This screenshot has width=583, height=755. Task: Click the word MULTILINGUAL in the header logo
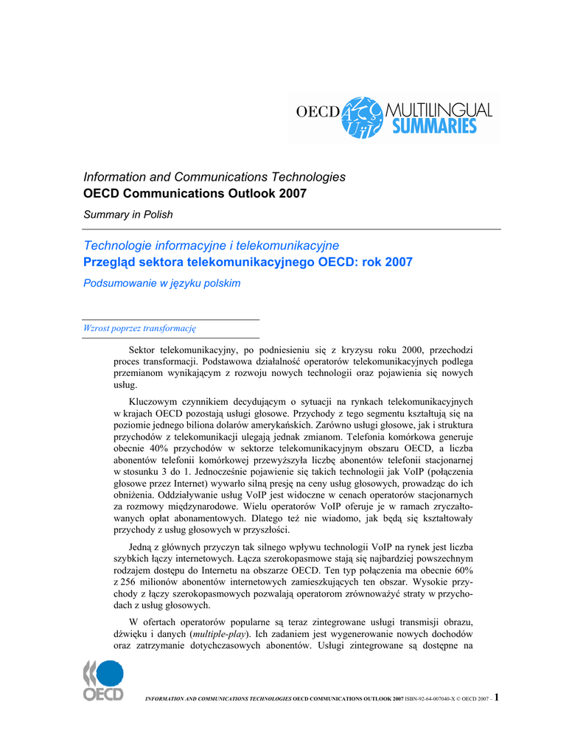pyautogui.click(x=439, y=108)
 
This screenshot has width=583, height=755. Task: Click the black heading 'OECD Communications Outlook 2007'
pyautogui.click(x=195, y=194)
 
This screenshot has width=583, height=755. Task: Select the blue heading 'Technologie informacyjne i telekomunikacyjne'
pyautogui.click(x=211, y=245)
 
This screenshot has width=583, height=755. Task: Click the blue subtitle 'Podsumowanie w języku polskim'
pyautogui.click(x=162, y=283)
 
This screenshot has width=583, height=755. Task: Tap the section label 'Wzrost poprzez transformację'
pyautogui.click(x=139, y=328)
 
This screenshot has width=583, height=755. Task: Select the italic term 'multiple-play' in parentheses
pyautogui.click(x=219, y=634)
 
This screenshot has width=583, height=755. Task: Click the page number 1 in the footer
pyautogui.click(x=498, y=697)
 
